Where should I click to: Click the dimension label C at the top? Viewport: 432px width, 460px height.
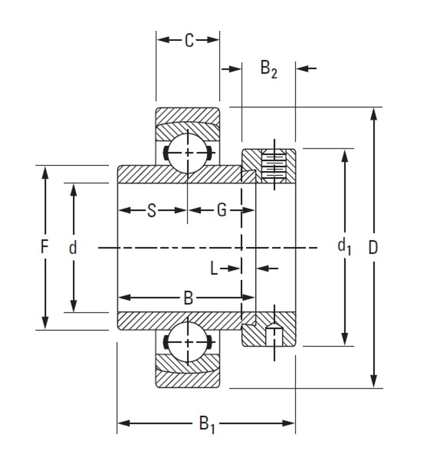(189, 40)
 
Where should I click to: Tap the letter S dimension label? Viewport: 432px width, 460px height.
(152, 211)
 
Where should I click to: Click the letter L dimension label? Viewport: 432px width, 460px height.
(214, 268)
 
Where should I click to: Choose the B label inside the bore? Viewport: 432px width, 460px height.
(188, 298)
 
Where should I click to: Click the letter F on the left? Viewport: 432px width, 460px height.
(44, 247)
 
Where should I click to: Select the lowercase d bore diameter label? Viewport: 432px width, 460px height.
(73, 248)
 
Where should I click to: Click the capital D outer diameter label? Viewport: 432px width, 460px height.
(373, 248)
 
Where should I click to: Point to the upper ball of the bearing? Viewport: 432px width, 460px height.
(187, 153)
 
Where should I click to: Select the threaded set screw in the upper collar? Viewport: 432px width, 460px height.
(274, 166)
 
